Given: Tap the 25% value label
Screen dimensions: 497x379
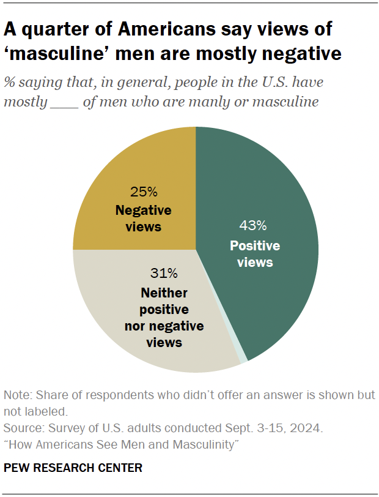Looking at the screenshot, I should click(144, 190).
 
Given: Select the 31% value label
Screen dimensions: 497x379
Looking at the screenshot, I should click(163, 272).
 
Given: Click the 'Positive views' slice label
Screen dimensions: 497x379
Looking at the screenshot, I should click(255, 254).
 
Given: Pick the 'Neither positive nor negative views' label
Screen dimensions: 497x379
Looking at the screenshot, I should click(164, 317).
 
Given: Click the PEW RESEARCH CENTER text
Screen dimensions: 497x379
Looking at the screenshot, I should click(73, 468).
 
